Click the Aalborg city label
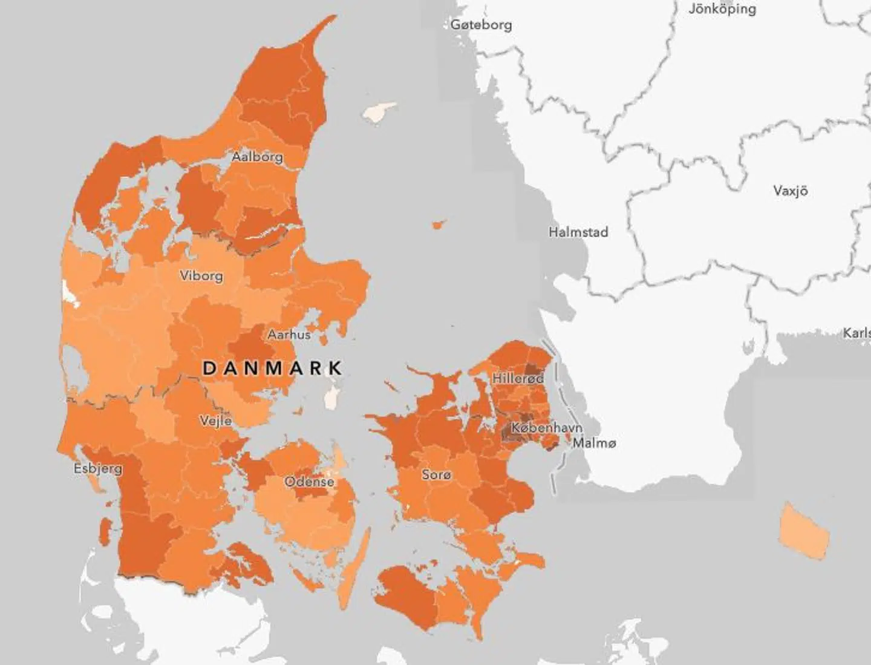pos(257,157)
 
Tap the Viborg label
pos(201,276)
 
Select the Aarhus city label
pos(289,334)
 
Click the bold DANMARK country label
pos(272,368)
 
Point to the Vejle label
pos(216,420)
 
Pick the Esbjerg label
pos(98,468)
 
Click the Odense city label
pos(309,482)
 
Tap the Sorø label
pos(436,474)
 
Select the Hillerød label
pos(518,379)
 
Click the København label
pos(547,428)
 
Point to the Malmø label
pos(594,443)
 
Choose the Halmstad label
pos(578,232)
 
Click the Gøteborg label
pos(481,25)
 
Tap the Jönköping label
pos(722,9)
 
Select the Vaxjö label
pos(790,191)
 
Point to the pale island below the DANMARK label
pos(331,398)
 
